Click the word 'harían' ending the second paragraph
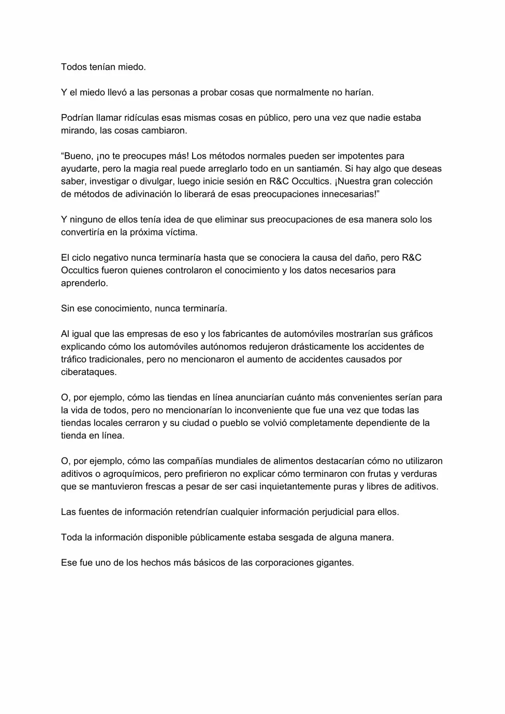click(358, 93)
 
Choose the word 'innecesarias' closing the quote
click(344, 194)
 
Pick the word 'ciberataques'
click(88, 372)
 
